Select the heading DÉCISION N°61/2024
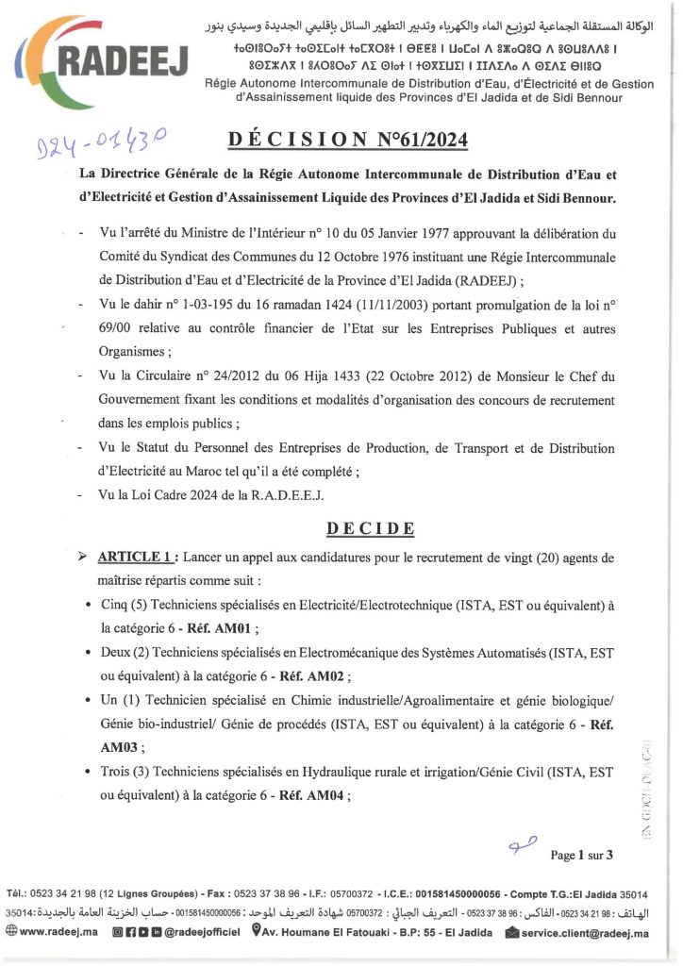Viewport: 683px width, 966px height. point(346,142)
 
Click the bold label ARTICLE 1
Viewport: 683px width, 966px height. point(136,557)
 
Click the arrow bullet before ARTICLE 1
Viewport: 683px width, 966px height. point(82,557)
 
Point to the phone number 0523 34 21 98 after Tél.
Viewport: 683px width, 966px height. point(63,893)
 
